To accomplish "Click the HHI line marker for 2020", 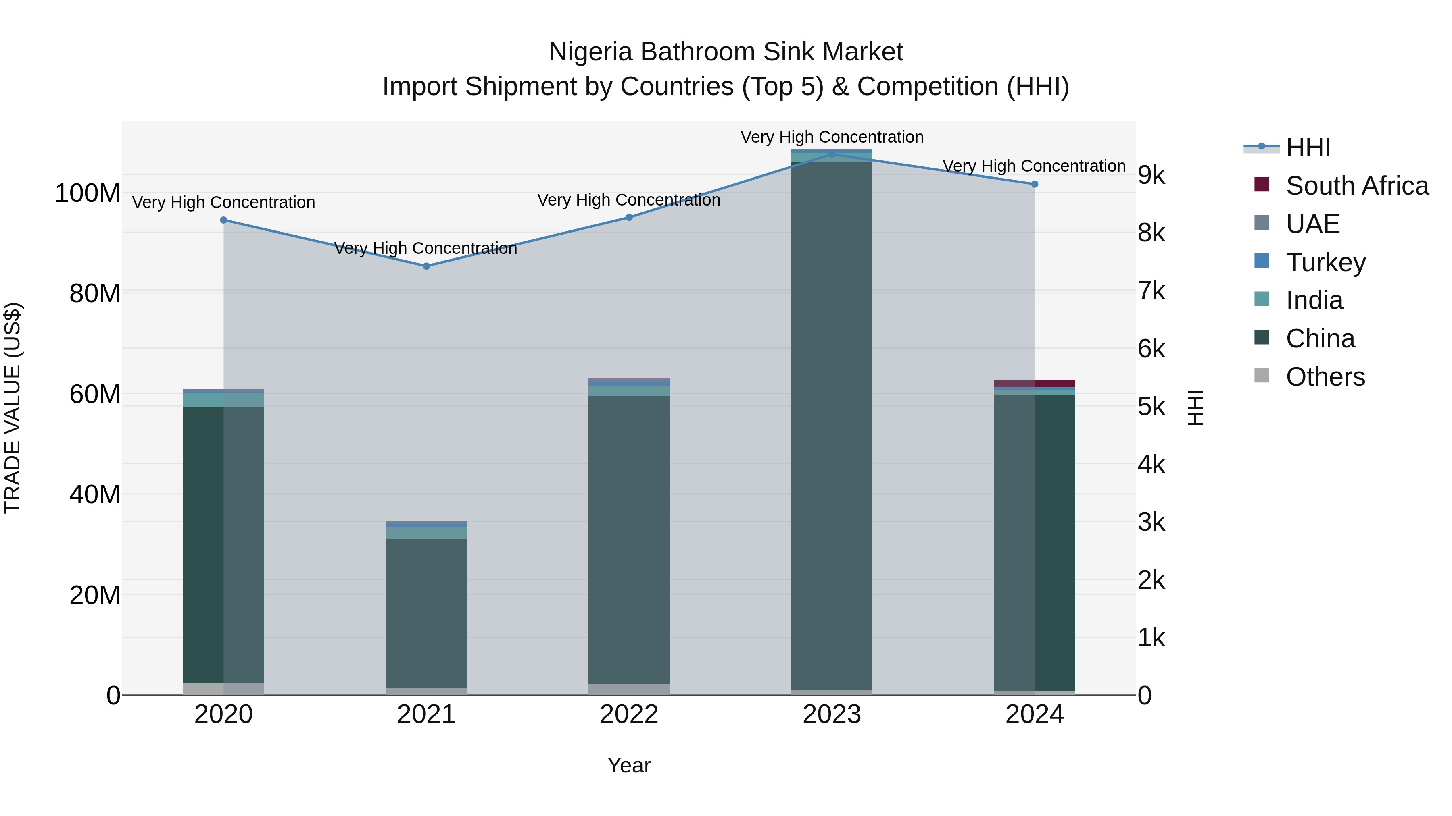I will pos(224,220).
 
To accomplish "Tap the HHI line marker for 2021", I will pos(426,266).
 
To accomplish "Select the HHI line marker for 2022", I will pos(629,217).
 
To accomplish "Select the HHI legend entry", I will pos(1308,147).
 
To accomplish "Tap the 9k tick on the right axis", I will pos(1152,175).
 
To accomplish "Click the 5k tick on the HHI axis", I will pos(1152,407).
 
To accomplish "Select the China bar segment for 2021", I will pos(426,614).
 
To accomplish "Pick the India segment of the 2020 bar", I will pos(224,400).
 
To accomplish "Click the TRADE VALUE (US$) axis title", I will pos(13,408).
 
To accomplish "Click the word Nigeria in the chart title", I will pos(591,52).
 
